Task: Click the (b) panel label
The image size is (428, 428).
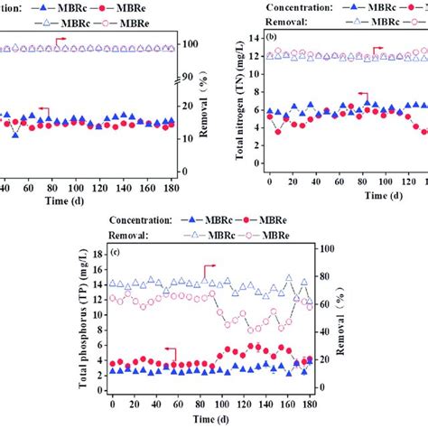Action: (272, 36)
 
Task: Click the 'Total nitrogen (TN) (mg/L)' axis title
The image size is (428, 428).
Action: (242, 106)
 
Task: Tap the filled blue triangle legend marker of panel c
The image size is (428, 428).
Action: (191, 219)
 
